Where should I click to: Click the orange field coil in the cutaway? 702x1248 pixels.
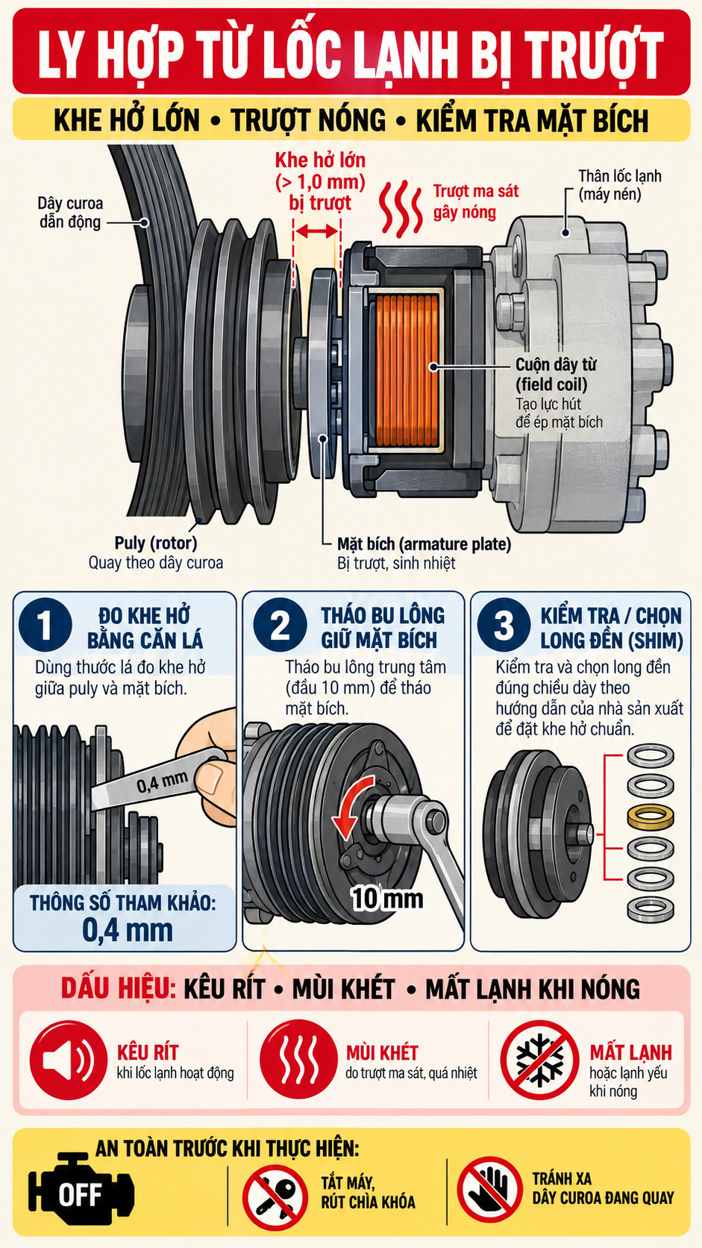[x=407, y=370]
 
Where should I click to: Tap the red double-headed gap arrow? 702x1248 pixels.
[x=316, y=231]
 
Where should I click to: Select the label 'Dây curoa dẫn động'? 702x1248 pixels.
[x=70, y=212]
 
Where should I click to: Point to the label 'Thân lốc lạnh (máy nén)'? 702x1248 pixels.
[x=620, y=185]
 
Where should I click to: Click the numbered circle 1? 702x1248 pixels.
[x=45, y=625]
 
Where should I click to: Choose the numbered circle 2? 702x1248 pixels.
[x=280, y=625]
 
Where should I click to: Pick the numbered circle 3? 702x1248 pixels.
[x=504, y=625]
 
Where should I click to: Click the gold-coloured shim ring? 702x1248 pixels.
[x=651, y=817]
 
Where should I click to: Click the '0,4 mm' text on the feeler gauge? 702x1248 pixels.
[x=162, y=782]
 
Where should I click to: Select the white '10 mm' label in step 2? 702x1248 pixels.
[x=387, y=898]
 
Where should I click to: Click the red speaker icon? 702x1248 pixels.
[x=69, y=1060]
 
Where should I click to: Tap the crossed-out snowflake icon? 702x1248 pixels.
[x=539, y=1060]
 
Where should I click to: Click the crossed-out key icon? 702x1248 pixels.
[x=275, y=1198]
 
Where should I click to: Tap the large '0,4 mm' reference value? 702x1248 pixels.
[x=128, y=929]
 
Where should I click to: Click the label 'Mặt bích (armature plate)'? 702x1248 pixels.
[x=424, y=544]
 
